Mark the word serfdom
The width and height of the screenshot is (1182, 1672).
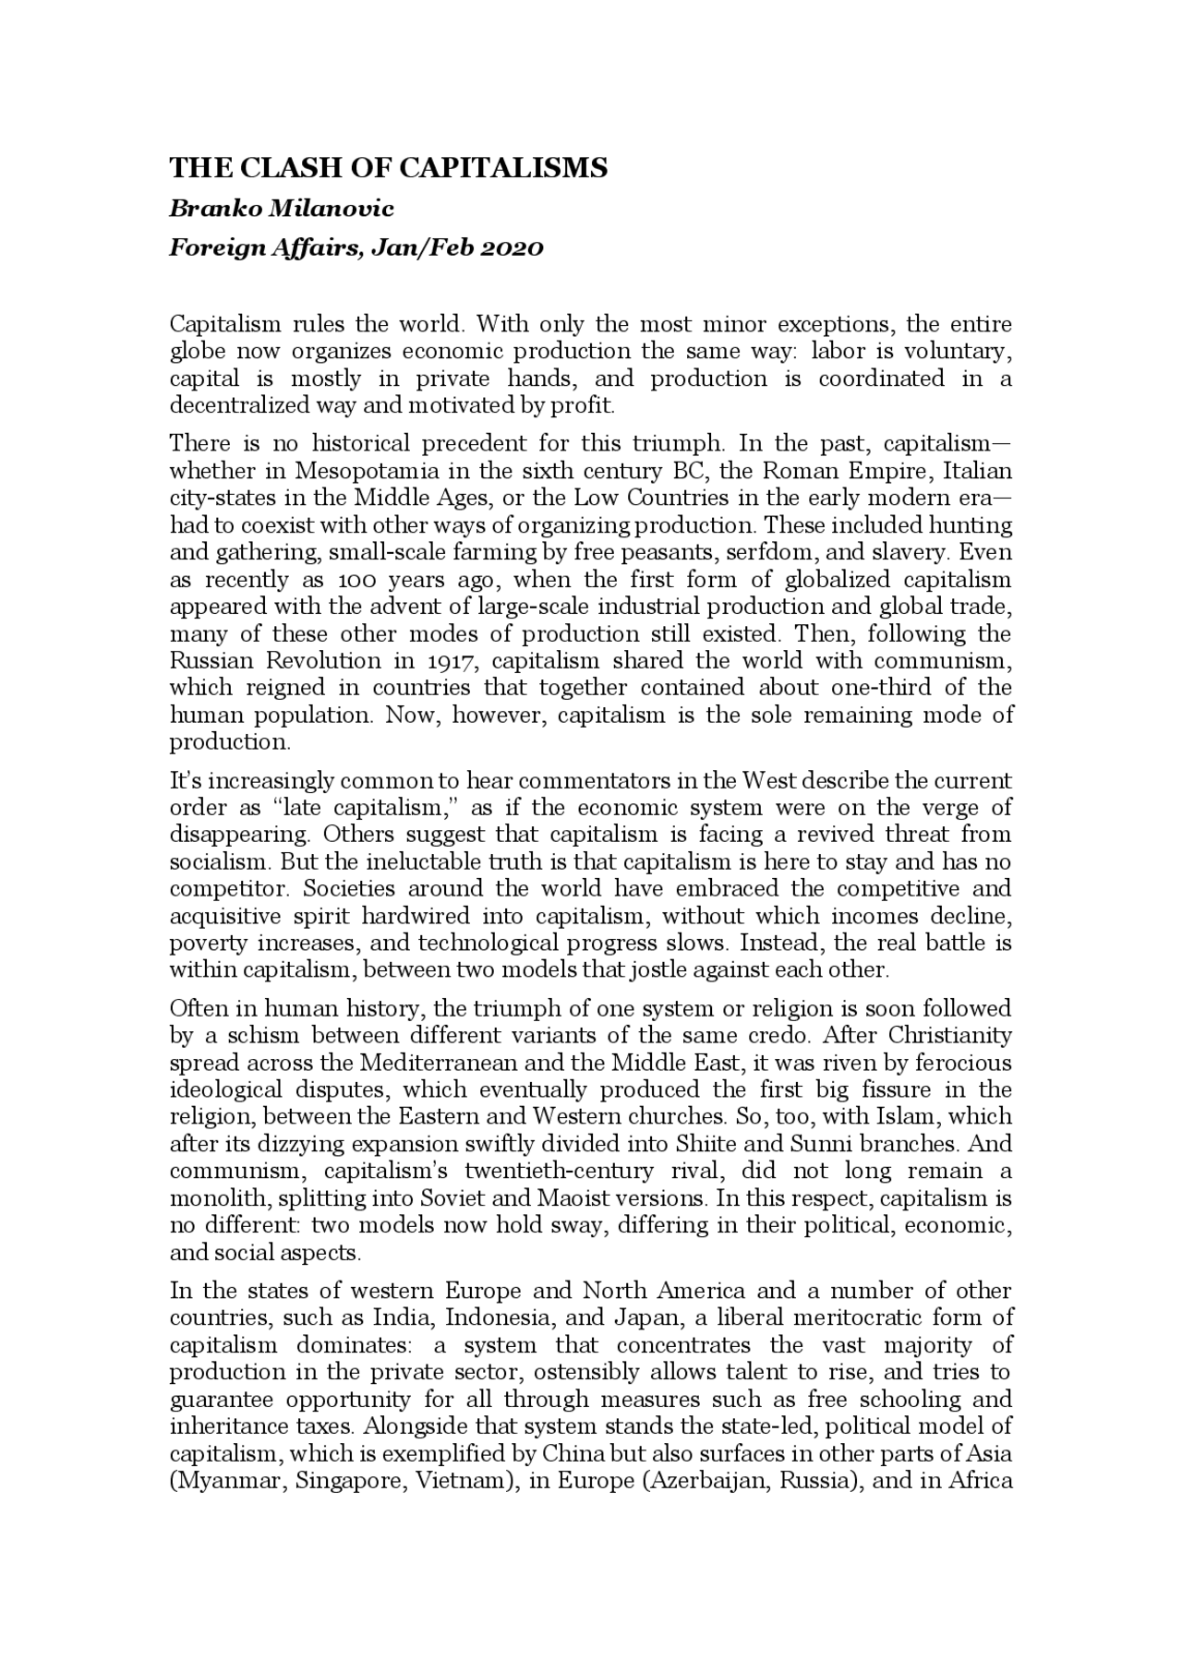click(763, 552)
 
